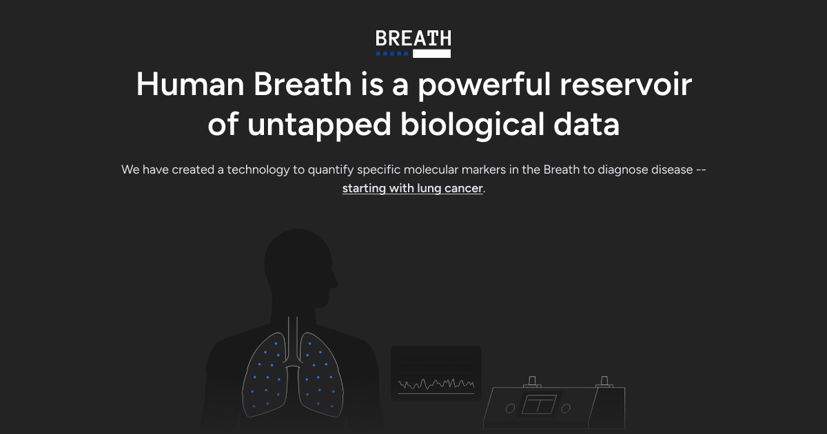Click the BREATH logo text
[x=413, y=39]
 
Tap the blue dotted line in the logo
[x=392, y=54]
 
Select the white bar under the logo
[x=431, y=54]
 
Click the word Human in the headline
[x=190, y=84]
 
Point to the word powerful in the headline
[x=484, y=85]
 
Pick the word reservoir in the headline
[x=626, y=85]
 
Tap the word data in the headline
[x=586, y=124]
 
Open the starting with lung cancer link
[x=412, y=189]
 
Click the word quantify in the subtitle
[x=330, y=169]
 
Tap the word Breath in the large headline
[x=303, y=84]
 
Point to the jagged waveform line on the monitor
[x=436, y=384]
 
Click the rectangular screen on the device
[x=539, y=404]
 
